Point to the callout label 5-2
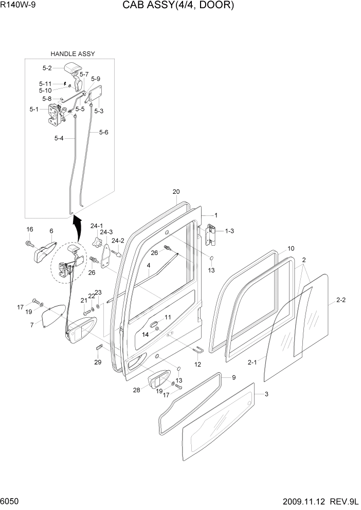click(x=47, y=68)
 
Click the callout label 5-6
click(x=103, y=132)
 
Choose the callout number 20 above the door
click(x=176, y=192)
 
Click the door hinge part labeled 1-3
click(x=211, y=235)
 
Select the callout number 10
click(x=291, y=248)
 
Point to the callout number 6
click(x=51, y=231)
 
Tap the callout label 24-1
click(x=97, y=226)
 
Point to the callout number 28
click(x=136, y=390)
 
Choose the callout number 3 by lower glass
click(x=266, y=394)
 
